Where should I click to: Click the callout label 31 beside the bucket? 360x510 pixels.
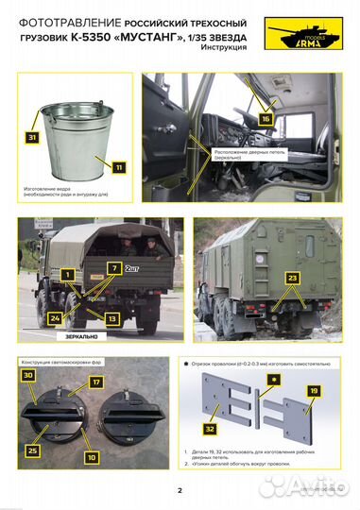[x=33, y=138]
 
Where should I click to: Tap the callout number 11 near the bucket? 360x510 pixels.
[x=118, y=167]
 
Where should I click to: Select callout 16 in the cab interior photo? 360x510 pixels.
[x=266, y=119]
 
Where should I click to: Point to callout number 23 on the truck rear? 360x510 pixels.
[x=293, y=278]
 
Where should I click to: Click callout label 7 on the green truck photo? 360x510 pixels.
[x=113, y=269]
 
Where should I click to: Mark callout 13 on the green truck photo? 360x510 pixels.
[x=111, y=318]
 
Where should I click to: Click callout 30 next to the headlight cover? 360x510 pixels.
[x=29, y=375]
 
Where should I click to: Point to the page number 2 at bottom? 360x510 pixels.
[x=180, y=490]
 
